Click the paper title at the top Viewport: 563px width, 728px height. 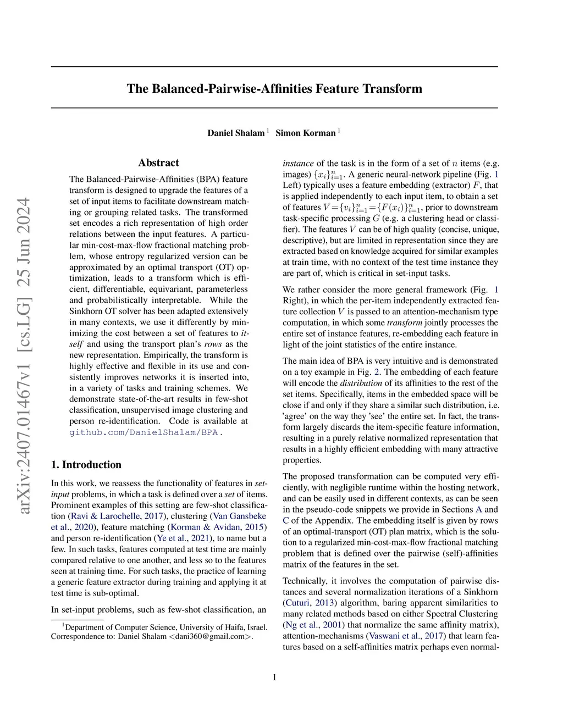274,88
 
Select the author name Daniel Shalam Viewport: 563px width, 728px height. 235,133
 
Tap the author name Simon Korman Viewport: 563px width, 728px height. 305,133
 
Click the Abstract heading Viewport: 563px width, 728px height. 158,163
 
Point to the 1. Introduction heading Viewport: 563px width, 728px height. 86,465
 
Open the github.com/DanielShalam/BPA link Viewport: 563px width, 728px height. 143,432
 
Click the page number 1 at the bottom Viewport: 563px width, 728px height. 274,677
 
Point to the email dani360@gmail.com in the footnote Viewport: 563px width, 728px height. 209,637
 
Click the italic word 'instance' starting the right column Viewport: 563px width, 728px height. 298,163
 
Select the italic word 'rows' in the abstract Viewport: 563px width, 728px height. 212,344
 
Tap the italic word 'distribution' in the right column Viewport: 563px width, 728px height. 361,383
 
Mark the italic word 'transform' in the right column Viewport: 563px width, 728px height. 404,323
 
